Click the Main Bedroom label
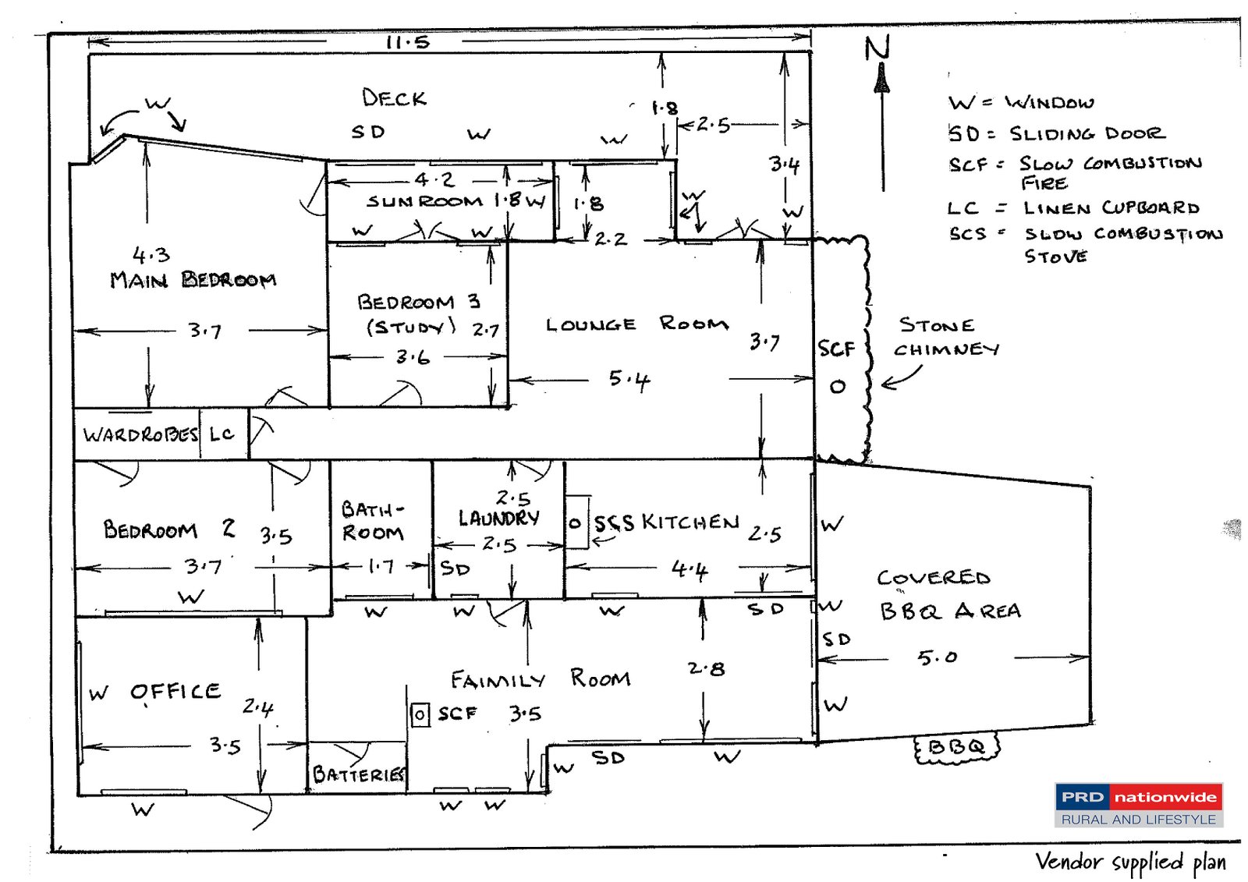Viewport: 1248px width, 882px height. pos(193,279)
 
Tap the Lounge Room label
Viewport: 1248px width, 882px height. pos(636,324)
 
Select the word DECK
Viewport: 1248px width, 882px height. pos(394,98)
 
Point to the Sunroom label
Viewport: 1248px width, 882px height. pos(425,201)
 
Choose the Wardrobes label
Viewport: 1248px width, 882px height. pos(140,434)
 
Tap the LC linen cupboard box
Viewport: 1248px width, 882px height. pos(222,434)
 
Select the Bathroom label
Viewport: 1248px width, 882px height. pos(373,521)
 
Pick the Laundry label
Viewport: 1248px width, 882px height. pos(498,518)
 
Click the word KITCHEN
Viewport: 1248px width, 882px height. pos(690,522)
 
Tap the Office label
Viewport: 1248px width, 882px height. pos(175,692)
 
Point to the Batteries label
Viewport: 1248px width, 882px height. pos(359,774)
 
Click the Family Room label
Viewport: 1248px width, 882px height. pos(540,679)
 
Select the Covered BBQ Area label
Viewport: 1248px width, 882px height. pos(948,594)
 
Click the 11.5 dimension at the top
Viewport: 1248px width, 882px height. pos(408,42)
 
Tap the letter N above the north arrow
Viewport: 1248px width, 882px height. pos(877,48)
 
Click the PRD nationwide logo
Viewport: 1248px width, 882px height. pos(1138,805)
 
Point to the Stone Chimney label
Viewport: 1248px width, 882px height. pos(945,337)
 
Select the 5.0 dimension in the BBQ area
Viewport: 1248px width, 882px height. pos(937,657)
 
